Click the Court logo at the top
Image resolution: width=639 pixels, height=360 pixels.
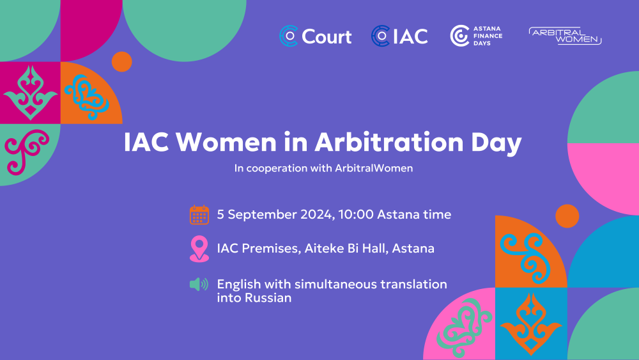pyautogui.click(x=316, y=36)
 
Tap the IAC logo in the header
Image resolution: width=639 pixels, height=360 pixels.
pyautogui.click(x=399, y=36)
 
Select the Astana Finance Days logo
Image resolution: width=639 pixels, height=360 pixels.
pyautogui.click(x=476, y=36)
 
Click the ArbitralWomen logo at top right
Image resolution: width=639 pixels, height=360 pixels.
pyautogui.click(x=566, y=36)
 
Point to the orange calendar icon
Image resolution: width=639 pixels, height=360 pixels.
pyautogui.click(x=199, y=215)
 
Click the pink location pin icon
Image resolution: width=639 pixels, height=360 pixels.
pyautogui.click(x=199, y=249)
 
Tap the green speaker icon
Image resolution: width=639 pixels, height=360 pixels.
pyautogui.click(x=199, y=284)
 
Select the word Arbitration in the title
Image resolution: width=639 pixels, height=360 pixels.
pyautogui.click(x=389, y=143)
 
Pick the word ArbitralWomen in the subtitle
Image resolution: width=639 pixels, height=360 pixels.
pyautogui.click(x=374, y=168)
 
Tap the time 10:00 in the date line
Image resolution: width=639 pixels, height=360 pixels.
pyautogui.click(x=356, y=214)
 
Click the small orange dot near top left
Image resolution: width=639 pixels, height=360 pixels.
pyautogui.click(x=122, y=62)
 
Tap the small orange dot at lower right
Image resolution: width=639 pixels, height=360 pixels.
pyautogui.click(x=567, y=216)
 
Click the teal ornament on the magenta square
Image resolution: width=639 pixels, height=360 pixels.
pyautogui.click(x=30, y=93)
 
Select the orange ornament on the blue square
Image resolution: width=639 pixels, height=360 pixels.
pyautogui.click(x=530, y=324)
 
